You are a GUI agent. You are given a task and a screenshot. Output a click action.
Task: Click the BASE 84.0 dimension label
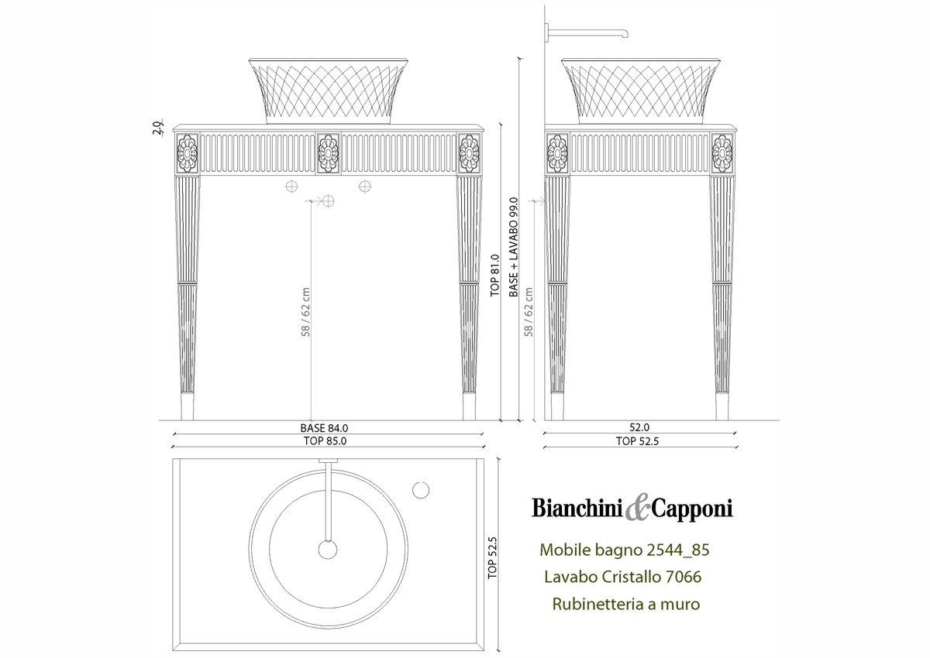(324, 428)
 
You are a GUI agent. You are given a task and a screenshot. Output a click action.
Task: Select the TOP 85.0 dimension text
(325, 440)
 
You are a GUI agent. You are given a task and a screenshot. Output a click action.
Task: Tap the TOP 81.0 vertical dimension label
(494, 276)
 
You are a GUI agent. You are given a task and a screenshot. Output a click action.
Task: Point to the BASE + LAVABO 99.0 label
(514, 247)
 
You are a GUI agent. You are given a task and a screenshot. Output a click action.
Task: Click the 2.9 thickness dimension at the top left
(157, 127)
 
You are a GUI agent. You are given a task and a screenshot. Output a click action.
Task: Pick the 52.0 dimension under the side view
(639, 427)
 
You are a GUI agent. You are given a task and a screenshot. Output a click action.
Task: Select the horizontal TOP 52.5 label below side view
(637, 441)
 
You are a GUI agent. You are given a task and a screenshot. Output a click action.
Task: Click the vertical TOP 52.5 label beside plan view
(492, 557)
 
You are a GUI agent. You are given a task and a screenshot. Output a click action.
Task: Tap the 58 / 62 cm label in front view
(305, 312)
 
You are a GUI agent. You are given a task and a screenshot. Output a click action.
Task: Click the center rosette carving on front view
(329, 153)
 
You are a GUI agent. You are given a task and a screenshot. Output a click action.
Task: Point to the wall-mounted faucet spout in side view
(587, 32)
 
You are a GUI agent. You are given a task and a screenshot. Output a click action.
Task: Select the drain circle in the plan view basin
(328, 550)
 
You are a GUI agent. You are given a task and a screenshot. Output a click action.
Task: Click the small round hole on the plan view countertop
(421, 490)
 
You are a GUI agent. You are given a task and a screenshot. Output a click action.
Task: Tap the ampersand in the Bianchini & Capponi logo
(637, 509)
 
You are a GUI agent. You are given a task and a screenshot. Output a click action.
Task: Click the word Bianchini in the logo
(577, 508)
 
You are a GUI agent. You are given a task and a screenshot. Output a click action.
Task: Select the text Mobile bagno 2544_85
(625, 550)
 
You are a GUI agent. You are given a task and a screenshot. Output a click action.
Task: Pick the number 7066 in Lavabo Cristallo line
(684, 577)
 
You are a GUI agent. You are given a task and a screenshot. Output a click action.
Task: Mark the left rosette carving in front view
(188, 153)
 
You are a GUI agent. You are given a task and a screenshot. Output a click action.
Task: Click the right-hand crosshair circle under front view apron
(365, 187)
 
